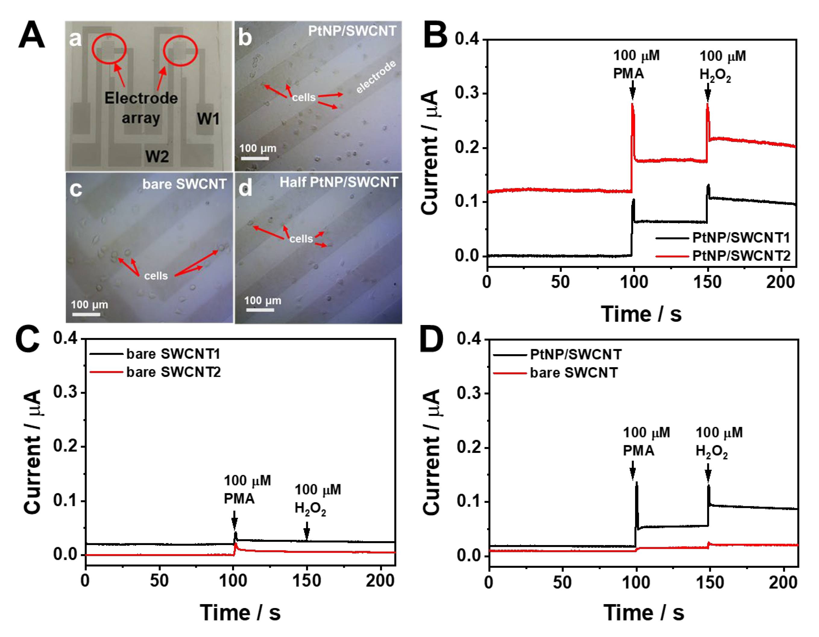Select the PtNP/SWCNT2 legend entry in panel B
click(x=741, y=256)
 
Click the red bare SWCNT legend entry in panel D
click(x=574, y=373)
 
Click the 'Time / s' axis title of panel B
click(x=641, y=314)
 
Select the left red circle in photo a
click(x=109, y=49)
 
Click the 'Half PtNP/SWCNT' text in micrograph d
click(x=339, y=182)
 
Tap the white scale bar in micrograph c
click(x=86, y=314)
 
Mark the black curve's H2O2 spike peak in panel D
click(x=709, y=486)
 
